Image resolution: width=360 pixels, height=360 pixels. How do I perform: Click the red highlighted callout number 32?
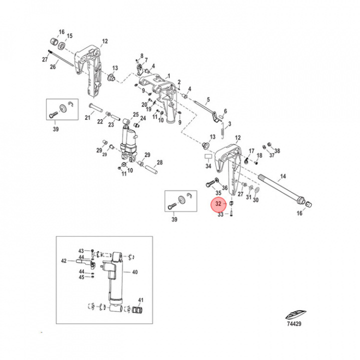[x=217, y=204]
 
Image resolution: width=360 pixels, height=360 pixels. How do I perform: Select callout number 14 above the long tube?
[x=282, y=176]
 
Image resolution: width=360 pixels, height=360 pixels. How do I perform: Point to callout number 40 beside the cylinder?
[x=134, y=272]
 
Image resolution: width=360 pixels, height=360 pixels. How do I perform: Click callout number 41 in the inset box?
[x=141, y=300]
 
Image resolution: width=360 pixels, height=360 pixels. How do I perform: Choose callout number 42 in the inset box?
[x=63, y=260]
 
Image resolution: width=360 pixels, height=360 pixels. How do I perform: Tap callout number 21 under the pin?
[x=87, y=118]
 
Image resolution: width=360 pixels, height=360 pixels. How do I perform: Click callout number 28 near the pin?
[x=160, y=162]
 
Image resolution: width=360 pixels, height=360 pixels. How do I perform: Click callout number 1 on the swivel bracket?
[x=168, y=76]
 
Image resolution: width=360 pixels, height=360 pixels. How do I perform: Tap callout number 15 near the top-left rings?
[x=69, y=36]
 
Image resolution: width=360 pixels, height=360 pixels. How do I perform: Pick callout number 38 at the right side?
[x=277, y=151]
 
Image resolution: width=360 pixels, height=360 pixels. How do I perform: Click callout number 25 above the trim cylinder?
[x=135, y=114]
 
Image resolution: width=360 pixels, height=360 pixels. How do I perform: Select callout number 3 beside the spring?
[x=229, y=124]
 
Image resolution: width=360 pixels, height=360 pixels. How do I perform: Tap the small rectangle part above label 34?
[x=207, y=156]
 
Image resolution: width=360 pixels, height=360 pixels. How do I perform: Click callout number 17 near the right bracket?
[x=251, y=150]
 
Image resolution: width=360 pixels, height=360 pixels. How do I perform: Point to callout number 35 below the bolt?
[x=218, y=192]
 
